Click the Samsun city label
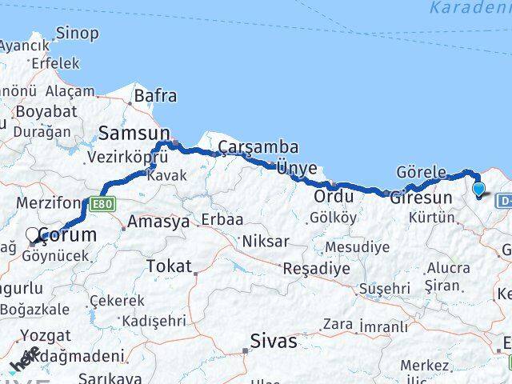point(134,134)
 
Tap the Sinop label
point(78,34)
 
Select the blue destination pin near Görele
point(479,190)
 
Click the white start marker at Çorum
point(33,235)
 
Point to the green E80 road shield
point(102,204)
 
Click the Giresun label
point(421,197)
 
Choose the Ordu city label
point(334,196)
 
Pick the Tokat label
point(169,266)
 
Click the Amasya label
point(158,222)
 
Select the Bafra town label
point(155,96)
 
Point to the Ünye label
point(296,168)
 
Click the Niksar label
point(265,241)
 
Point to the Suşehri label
point(385,288)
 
